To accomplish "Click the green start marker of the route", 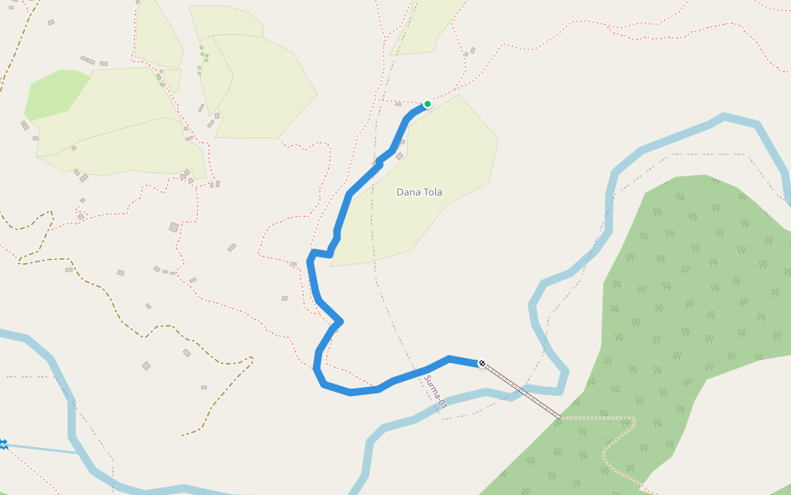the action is click(427, 104).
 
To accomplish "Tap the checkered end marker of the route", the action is click(481, 363).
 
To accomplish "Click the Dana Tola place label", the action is click(419, 192).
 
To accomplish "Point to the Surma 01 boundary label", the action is click(435, 390).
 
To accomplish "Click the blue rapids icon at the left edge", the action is click(3, 445).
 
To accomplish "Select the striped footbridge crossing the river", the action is click(521, 390).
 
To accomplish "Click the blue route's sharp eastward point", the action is click(339, 321).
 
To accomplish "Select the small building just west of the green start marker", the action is click(400, 156).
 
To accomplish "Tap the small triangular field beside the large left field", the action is click(172, 79).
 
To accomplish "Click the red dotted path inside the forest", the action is click(618, 445).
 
